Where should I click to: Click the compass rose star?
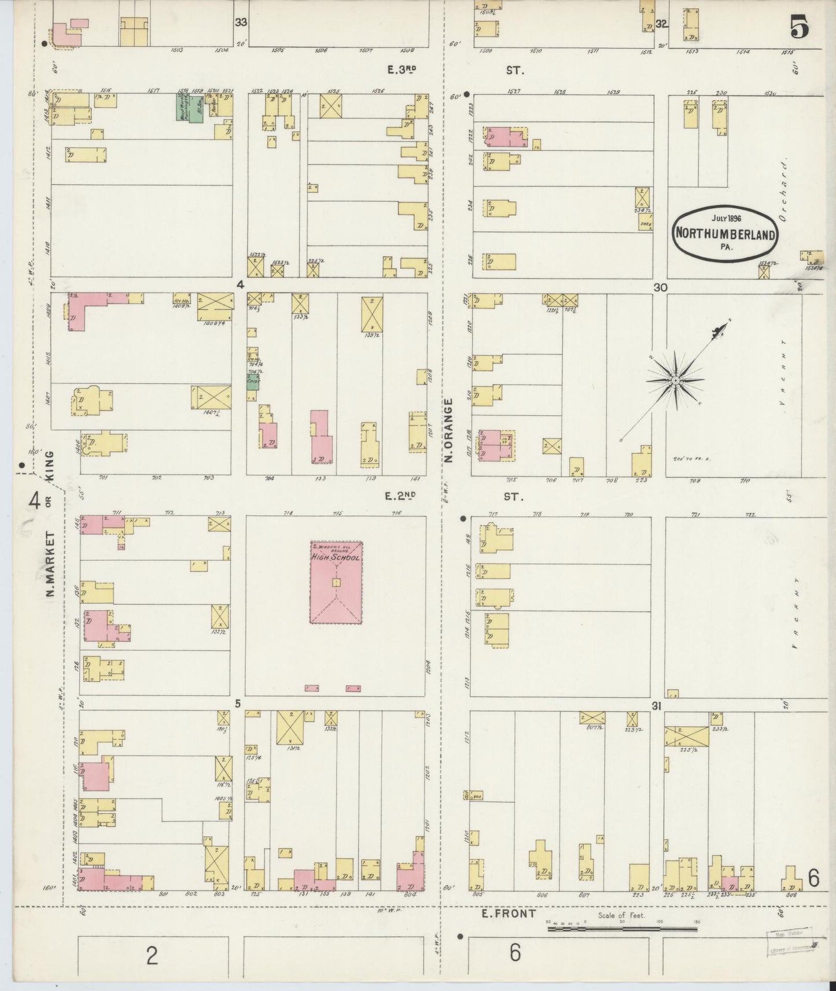click(x=675, y=380)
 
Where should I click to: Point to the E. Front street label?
click(x=500, y=914)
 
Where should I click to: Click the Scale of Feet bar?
click(x=622, y=929)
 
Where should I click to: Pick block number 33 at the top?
click(x=241, y=23)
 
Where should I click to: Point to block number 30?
click(x=661, y=287)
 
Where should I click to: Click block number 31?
click(x=656, y=706)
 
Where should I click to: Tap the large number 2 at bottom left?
click(x=152, y=955)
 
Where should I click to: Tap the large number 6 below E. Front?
click(x=515, y=952)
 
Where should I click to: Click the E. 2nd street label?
click(x=402, y=495)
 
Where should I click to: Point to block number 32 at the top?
click(x=662, y=24)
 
